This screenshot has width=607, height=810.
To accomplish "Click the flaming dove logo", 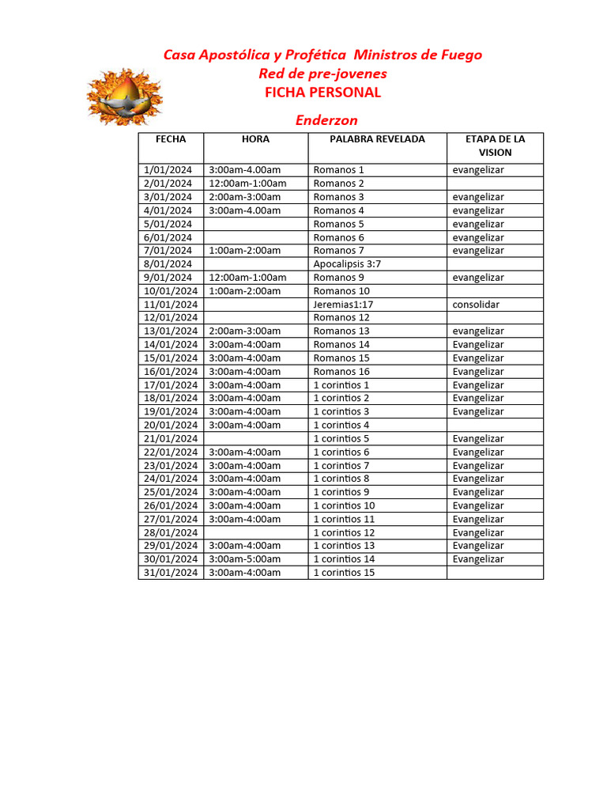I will coord(124,96).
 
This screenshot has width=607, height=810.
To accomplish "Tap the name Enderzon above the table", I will coord(326,120).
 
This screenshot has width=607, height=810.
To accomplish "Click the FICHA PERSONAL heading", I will coord(322,92).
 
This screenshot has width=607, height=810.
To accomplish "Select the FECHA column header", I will coord(171,139).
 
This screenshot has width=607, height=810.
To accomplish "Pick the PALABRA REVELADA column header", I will coord(377,139).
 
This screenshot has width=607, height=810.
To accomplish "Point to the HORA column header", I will coord(255,139).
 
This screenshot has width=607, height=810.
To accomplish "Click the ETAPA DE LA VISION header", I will coord(495,146).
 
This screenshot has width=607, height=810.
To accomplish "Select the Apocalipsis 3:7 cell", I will coord(347,264).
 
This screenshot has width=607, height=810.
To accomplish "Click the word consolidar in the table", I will coord(476,305).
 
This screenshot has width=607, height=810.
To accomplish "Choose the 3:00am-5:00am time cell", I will coord(244,559).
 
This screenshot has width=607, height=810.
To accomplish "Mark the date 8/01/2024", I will coord(168,264).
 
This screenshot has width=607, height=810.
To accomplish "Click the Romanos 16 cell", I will coord(341,372).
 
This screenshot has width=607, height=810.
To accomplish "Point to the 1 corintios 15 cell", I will coord(344,573).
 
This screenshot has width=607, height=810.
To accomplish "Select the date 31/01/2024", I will coord(171,573).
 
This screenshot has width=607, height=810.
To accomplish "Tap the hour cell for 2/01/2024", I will coord(247,184).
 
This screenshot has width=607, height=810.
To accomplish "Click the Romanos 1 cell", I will coord(339,170).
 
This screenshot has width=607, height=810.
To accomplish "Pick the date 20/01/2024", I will coord(171,426).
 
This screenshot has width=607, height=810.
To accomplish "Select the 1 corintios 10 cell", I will coord(344,505).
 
